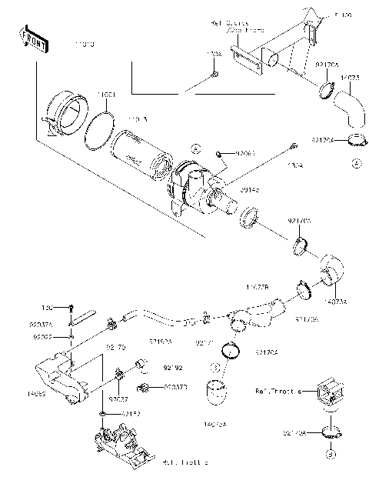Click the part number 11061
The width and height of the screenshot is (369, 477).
click(107, 95)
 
